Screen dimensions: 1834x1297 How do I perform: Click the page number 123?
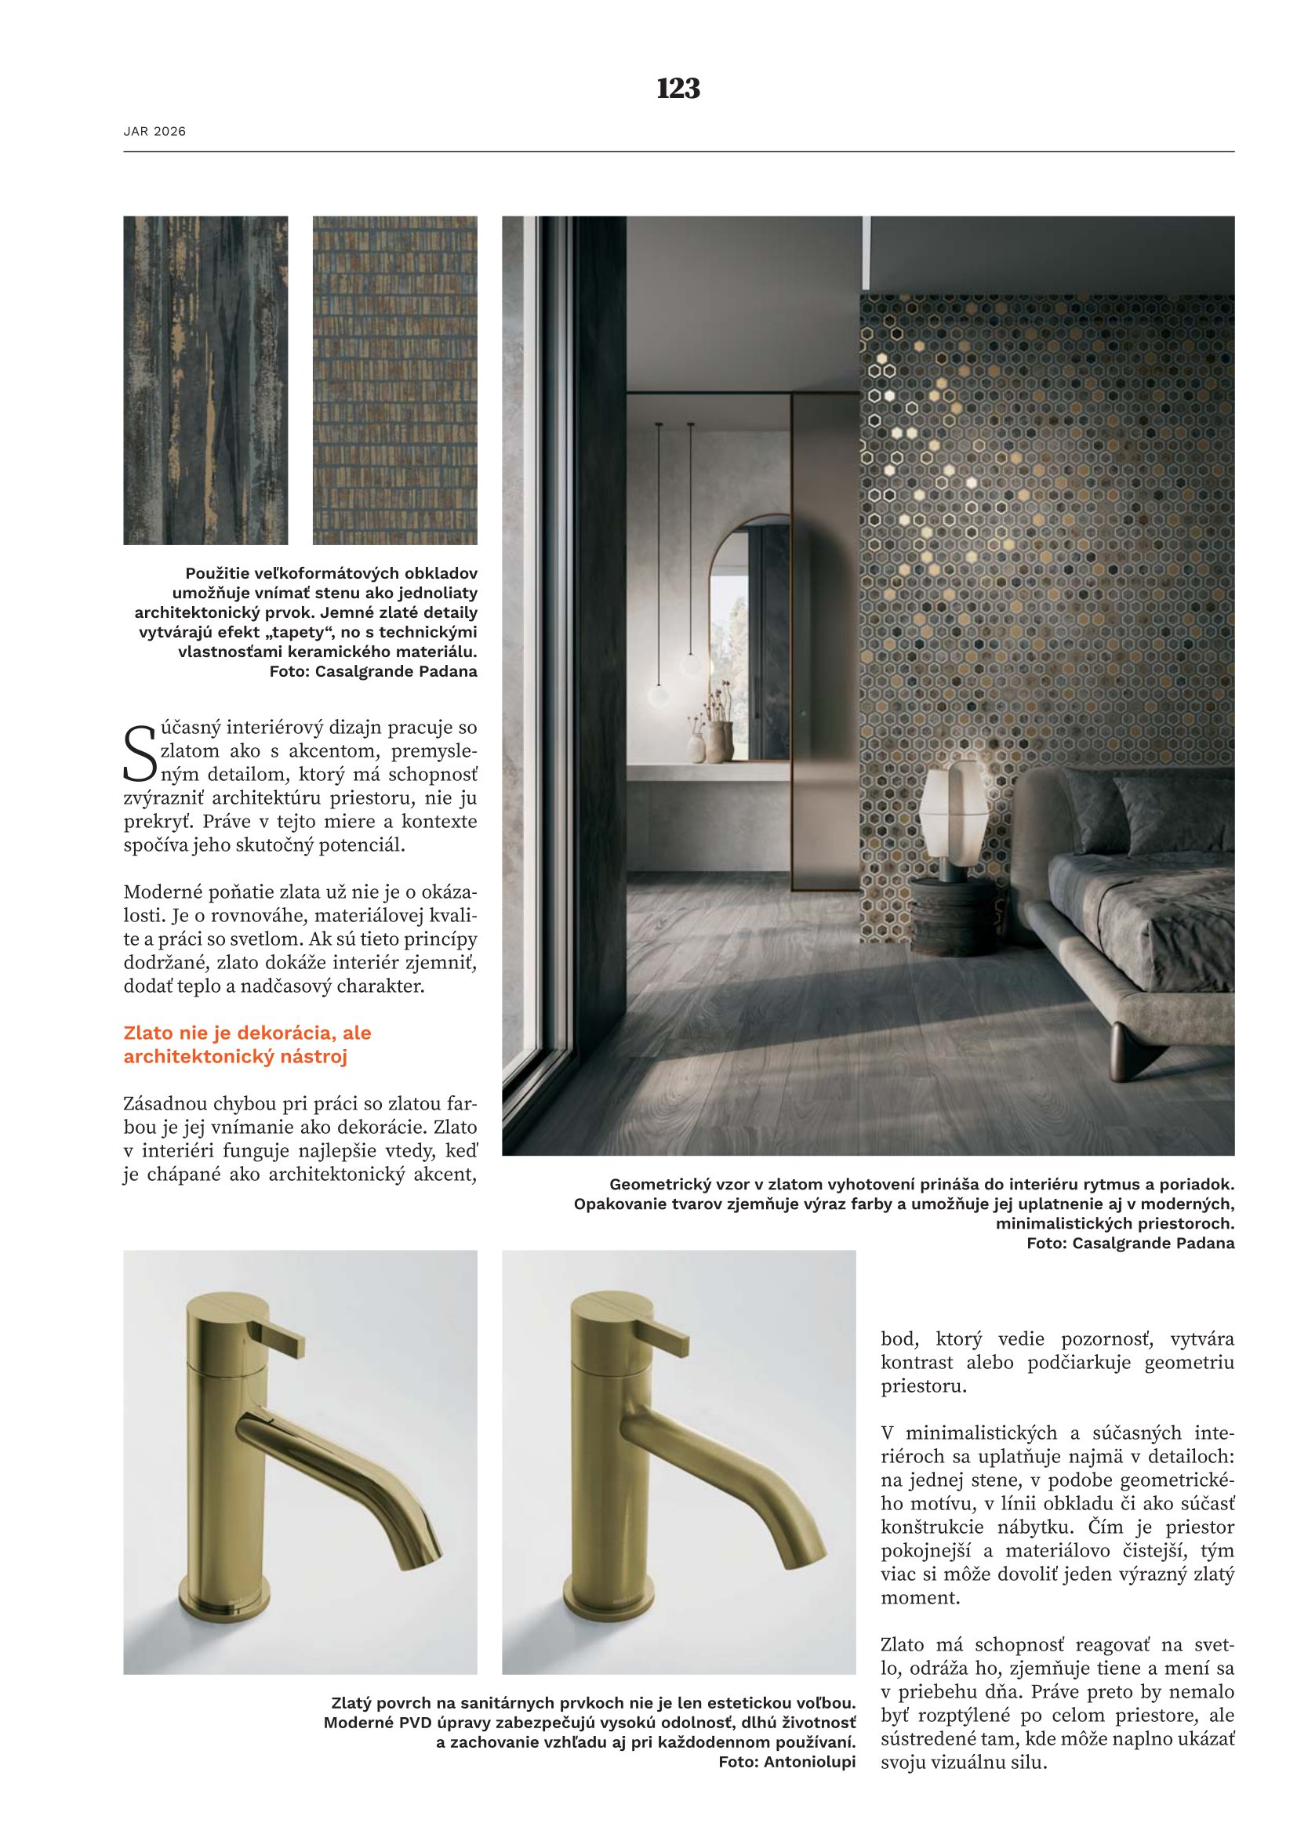click(x=678, y=88)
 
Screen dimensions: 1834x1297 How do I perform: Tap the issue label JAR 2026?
click(x=154, y=131)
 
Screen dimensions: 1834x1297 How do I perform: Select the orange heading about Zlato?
click(x=248, y=1044)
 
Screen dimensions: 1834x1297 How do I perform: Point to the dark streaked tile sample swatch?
click(x=205, y=380)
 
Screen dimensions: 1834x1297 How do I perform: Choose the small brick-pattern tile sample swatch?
click(x=394, y=380)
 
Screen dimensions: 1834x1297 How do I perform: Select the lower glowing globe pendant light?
click(x=659, y=695)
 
